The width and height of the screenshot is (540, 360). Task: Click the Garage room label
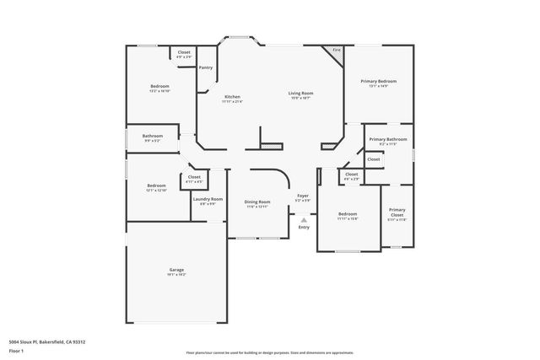(x=175, y=270)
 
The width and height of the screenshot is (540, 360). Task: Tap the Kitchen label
(x=233, y=97)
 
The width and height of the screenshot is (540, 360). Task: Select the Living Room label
(x=300, y=93)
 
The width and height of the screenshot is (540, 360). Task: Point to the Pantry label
(x=206, y=67)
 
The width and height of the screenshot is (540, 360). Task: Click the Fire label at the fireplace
(x=336, y=50)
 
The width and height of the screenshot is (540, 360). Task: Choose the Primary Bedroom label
(x=378, y=80)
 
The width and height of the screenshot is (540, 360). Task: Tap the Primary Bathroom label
(x=387, y=138)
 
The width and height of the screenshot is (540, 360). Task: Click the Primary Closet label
(x=396, y=212)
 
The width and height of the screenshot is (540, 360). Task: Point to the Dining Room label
(x=257, y=201)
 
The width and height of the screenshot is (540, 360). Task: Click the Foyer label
(x=302, y=196)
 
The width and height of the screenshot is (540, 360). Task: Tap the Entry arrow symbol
(x=304, y=219)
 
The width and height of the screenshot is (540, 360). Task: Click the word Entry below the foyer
(x=304, y=226)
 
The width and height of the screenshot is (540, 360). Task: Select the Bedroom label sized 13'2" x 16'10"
(x=160, y=86)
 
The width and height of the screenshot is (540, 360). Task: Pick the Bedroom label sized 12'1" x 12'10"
(x=156, y=185)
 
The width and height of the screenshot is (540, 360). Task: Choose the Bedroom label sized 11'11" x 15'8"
(x=348, y=213)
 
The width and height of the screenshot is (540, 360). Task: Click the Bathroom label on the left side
(x=153, y=136)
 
